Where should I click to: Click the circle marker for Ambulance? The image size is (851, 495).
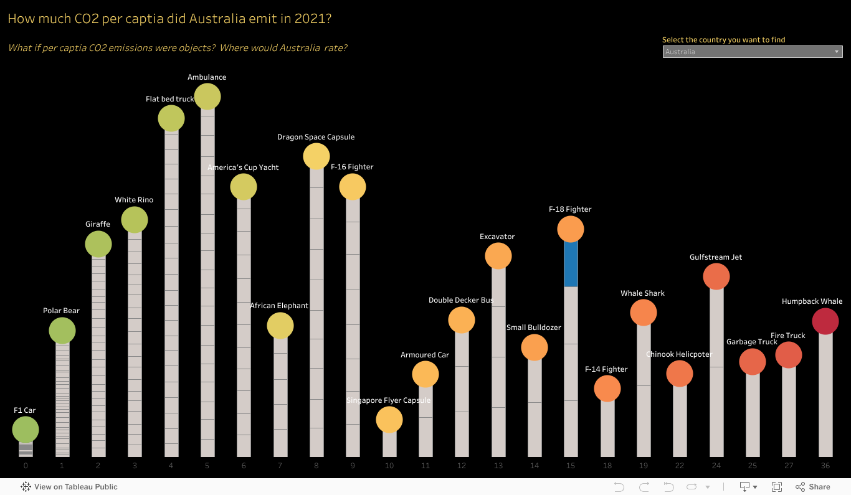207,97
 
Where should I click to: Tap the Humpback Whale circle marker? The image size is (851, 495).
825,322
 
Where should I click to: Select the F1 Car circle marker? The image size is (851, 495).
26,430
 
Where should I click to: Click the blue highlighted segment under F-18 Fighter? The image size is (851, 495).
571,263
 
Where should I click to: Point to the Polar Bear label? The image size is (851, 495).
61,311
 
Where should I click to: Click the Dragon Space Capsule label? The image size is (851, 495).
316,137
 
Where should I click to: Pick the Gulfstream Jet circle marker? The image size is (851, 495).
716,276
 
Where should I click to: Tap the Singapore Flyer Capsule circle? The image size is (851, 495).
389,420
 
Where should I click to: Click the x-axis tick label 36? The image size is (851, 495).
825,466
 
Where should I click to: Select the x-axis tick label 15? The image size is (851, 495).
571,466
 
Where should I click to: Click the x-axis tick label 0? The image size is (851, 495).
26,466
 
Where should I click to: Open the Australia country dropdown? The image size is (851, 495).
752,52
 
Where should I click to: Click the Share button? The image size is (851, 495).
813,487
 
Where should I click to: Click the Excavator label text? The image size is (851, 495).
497,237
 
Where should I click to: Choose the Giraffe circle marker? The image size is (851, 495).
98,244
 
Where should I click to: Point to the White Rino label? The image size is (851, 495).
134,200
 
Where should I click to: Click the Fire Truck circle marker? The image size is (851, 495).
789,355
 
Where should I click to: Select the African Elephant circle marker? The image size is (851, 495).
280,325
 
